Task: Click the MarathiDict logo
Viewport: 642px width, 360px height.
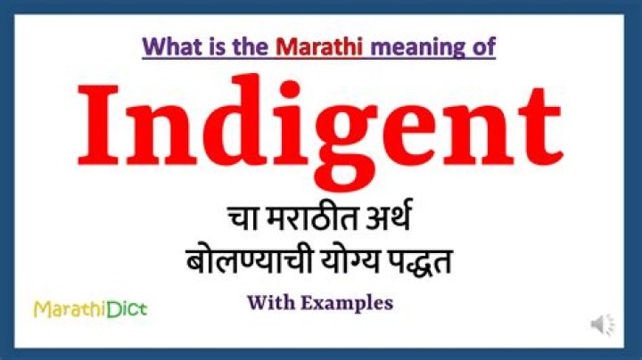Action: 90,309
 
